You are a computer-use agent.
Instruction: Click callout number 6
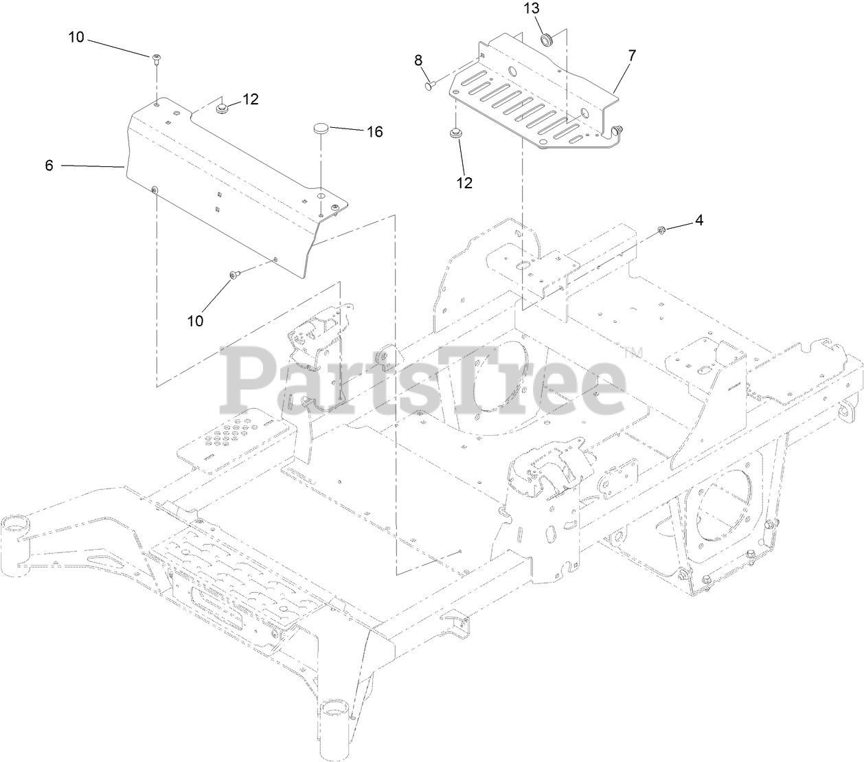(x=49, y=166)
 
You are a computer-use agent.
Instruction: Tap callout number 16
(x=374, y=131)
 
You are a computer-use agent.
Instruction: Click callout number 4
(x=699, y=220)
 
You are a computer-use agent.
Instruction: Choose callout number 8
(x=418, y=60)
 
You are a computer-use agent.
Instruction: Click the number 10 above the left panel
(x=76, y=37)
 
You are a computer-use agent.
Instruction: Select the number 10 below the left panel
(x=196, y=320)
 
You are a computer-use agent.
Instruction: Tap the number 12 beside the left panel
(x=250, y=99)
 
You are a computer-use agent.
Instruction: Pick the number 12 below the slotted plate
(x=464, y=182)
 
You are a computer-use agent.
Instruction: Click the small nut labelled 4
(x=661, y=229)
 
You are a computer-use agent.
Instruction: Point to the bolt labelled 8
(x=430, y=85)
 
